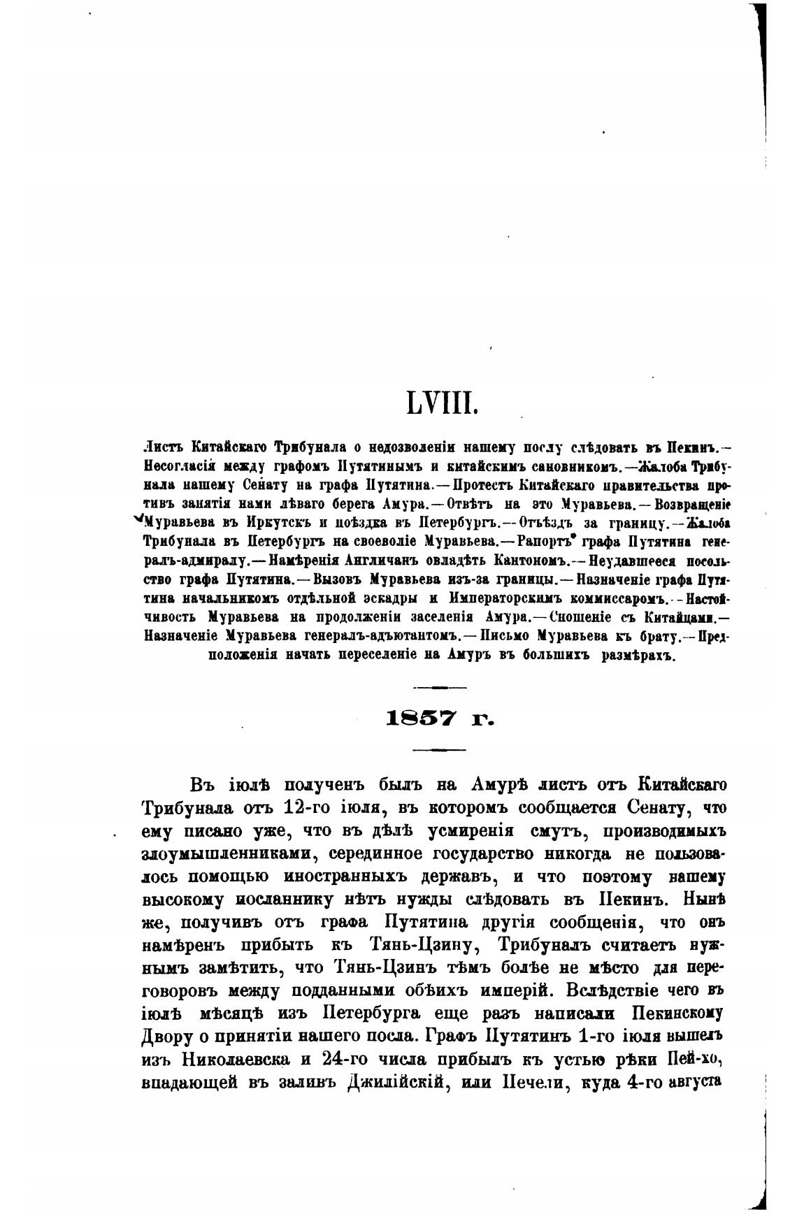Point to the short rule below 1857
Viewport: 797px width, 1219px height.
[x=439, y=749]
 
